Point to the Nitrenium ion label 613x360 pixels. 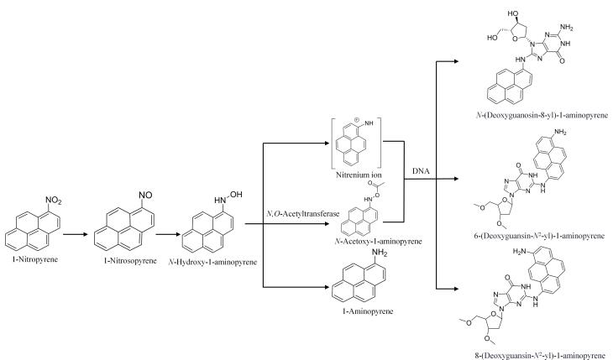coord(354,176)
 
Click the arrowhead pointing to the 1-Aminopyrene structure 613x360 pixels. coord(322,290)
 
